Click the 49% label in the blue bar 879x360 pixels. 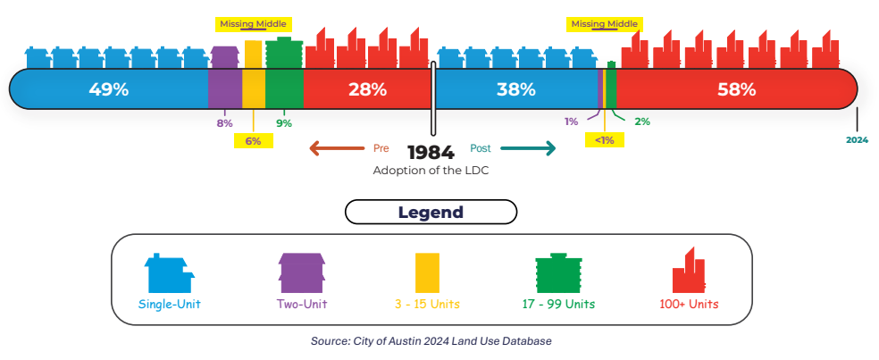[x=109, y=89]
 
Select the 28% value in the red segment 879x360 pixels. [x=367, y=89]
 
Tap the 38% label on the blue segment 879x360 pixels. [x=515, y=89]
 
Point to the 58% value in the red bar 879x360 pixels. [x=737, y=89]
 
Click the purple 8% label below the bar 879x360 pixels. [x=224, y=123]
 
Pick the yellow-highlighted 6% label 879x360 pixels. [x=254, y=140]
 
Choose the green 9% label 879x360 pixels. [x=284, y=123]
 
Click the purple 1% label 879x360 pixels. [x=571, y=121]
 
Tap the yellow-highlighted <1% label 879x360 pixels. [x=605, y=139]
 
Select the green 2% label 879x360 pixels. [x=641, y=121]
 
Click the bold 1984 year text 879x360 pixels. [x=431, y=152]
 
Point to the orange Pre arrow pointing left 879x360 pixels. [x=339, y=148]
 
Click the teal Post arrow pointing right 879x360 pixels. [x=528, y=148]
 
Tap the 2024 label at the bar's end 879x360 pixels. [x=858, y=140]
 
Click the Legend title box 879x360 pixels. [x=431, y=213]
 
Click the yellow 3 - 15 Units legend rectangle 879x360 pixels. [x=427, y=273]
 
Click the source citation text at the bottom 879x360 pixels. [x=431, y=341]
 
